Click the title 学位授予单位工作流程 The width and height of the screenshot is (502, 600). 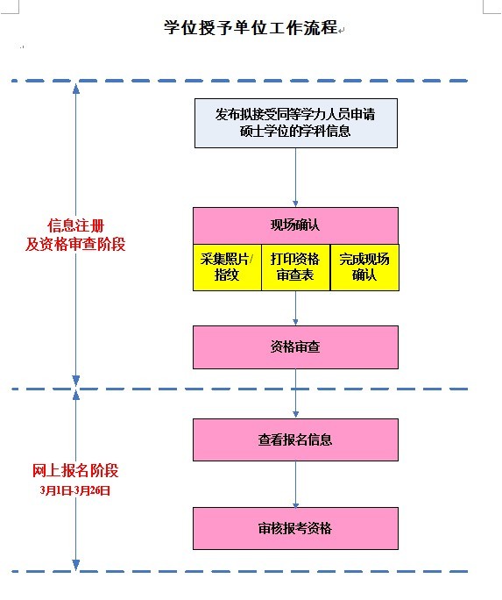click(251, 27)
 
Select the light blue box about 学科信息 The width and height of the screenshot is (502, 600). click(296, 123)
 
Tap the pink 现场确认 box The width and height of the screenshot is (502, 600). click(296, 225)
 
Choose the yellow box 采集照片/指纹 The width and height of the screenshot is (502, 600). click(227, 267)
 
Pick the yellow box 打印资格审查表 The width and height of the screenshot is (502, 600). click(296, 267)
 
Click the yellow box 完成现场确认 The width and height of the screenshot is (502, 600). click(364, 267)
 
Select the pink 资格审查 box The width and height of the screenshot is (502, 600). click(296, 347)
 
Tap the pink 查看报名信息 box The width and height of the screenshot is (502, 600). click(296, 439)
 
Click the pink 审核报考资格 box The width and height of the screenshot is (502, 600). click(296, 528)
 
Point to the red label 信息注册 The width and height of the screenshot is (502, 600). click(76, 225)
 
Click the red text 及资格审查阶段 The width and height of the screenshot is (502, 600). click(75, 244)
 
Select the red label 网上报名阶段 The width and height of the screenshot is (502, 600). click(75, 471)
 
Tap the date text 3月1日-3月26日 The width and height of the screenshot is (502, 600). click(75, 490)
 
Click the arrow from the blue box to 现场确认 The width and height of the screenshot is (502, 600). click(295, 177)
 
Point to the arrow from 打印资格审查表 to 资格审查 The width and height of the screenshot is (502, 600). click(295, 308)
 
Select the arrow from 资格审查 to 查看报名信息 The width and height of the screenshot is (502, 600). click(295, 394)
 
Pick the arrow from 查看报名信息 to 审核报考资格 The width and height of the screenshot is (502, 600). click(295, 484)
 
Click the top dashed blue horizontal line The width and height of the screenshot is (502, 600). click(239, 81)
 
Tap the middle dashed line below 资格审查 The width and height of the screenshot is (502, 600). click(239, 389)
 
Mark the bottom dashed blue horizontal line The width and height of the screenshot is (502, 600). click(239, 572)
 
